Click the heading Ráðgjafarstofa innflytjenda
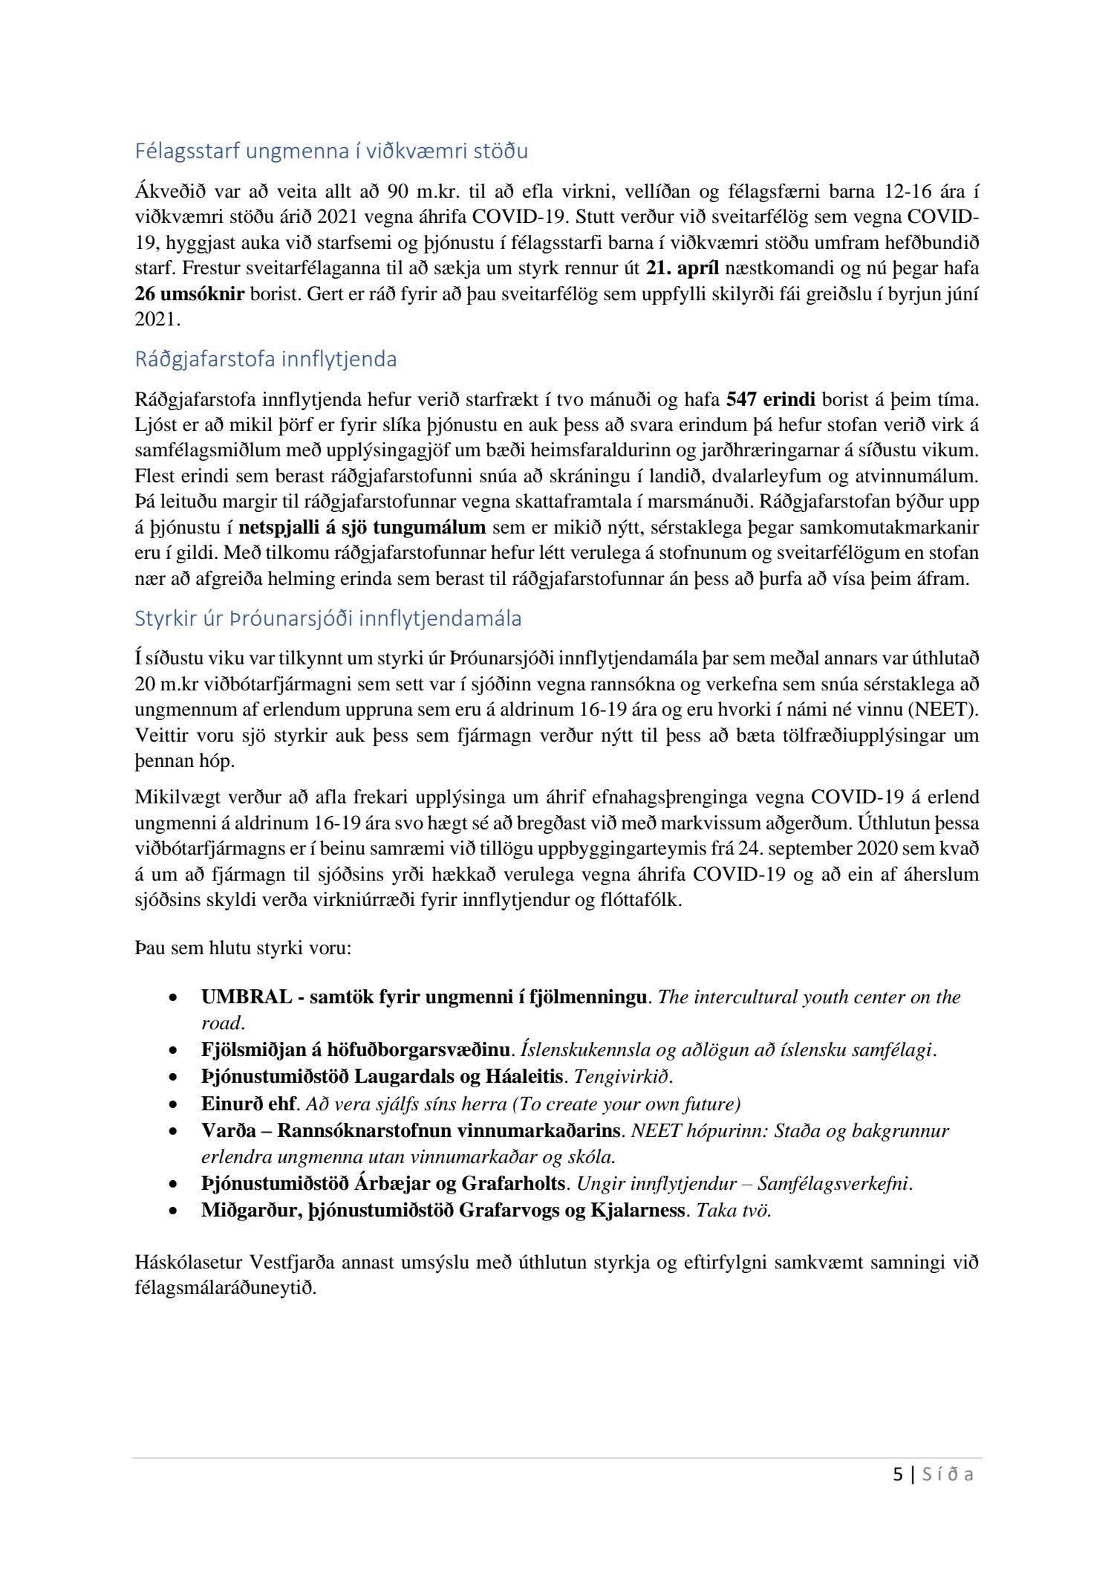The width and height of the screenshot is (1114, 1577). pyautogui.click(x=265, y=360)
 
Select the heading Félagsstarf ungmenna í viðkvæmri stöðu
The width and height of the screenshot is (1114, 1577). pyautogui.click(x=330, y=152)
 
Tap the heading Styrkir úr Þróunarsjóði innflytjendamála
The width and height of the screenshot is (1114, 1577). pyautogui.click(x=328, y=618)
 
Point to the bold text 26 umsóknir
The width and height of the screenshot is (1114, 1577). pyautogui.click(x=189, y=294)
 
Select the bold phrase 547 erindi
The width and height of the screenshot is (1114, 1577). pyautogui.click(x=770, y=401)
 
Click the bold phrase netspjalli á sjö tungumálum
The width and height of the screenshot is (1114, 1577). pyautogui.click(x=362, y=528)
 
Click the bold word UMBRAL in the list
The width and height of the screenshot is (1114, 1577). pyautogui.click(x=247, y=997)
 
